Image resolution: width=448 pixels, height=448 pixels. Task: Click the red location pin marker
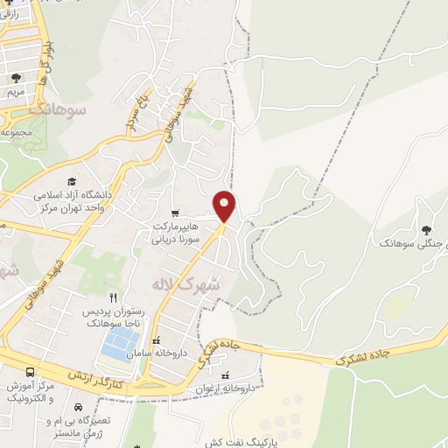[225, 205]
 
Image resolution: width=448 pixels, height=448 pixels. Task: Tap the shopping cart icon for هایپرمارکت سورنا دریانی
[175, 213]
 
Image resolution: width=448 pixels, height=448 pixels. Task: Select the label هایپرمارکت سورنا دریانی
[175, 230]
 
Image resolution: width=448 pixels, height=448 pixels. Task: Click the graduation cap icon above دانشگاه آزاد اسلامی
[72, 181]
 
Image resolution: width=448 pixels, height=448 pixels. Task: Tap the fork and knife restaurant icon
[113, 298]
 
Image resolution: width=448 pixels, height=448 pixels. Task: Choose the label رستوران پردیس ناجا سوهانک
[113, 317]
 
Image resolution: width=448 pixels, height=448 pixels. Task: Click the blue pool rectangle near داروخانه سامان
[118, 346]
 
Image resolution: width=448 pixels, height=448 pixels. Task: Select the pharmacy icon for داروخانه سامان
[157, 341]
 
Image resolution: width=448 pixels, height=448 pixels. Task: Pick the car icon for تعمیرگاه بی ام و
[78, 408]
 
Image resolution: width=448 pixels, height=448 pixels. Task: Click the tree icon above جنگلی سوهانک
[426, 230]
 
